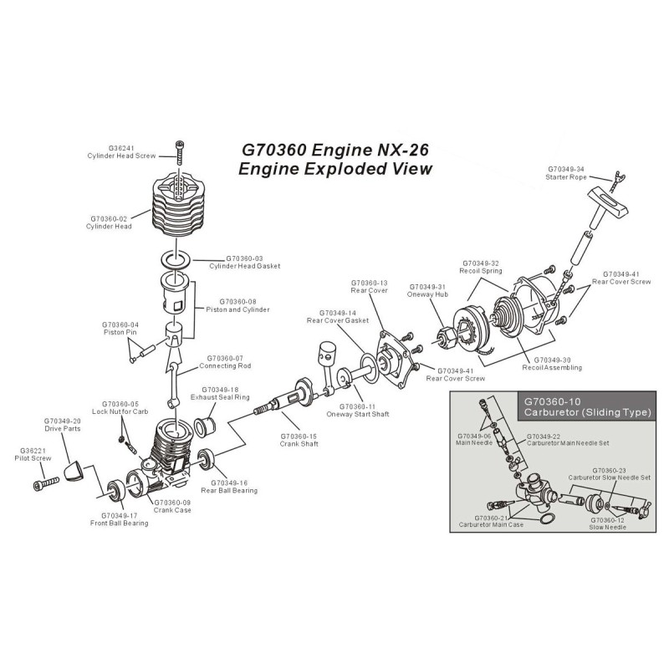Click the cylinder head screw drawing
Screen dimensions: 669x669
(181, 157)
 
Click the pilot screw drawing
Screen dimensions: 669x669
(44, 483)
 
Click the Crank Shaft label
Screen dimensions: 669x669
(299, 445)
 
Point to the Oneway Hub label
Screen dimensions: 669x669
(426, 294)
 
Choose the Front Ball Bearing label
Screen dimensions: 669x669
(119, 523)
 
